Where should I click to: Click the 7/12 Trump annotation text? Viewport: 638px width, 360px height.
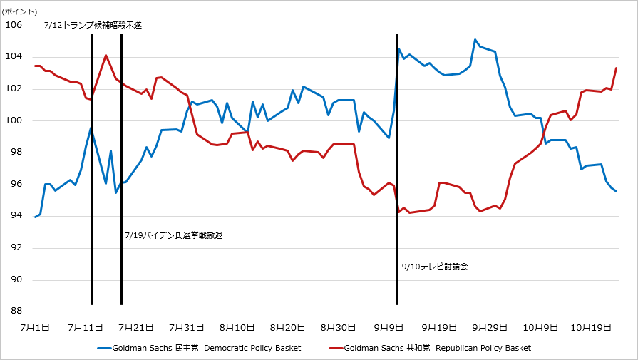pyautogui.click(x=93, y=25)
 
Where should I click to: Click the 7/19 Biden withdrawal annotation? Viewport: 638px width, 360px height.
pyautogui.click(x=173, y=235)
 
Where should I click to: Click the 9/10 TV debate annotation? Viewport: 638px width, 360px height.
pyautogui.click(x=435, y=266)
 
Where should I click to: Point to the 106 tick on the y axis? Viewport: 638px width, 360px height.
pyautogui.click(x=14, y=25)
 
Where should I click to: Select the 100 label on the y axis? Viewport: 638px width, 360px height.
pyautogui.click(x=14, y=120)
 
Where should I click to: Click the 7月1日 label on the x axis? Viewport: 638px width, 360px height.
pyautogui.click(x=35, y=327)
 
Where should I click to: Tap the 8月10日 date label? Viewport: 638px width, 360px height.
pyautogui.click(x=237, y=327)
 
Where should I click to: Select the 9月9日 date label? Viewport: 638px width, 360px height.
pyautogui.click(x=390, y=327)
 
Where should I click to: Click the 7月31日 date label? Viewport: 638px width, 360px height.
pyautogui.click(x=187, y=327)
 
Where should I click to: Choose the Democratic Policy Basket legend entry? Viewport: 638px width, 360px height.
pyautogui.click(x=199, y=348)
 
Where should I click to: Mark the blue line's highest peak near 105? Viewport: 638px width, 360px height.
pyautogui.click(x=475, y=40)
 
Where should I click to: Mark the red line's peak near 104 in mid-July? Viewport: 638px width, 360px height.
pyautogui.click(x=106, y=55)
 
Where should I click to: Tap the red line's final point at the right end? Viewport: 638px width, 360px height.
pyautogui.click(x=616, y=68)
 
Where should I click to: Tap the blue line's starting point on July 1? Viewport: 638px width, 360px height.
pyautogui.click(x=35, y=217)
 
